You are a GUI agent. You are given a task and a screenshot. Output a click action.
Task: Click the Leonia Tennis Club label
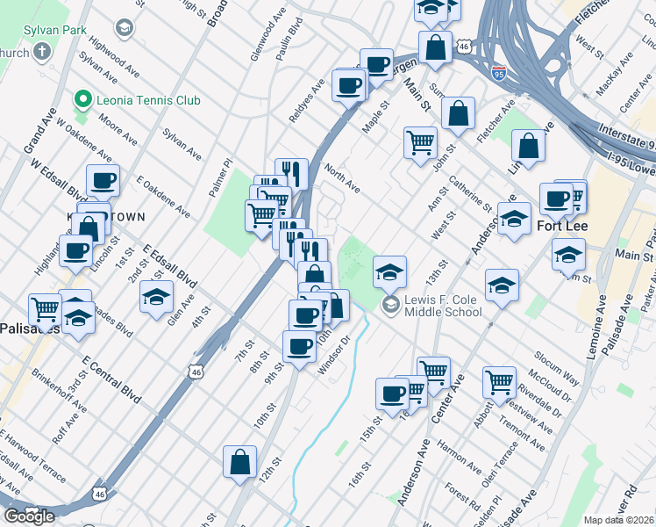coord(148,100)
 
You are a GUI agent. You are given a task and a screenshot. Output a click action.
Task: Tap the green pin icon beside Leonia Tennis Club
coord(83,99)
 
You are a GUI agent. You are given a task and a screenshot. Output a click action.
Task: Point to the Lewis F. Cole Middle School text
coord(443,305)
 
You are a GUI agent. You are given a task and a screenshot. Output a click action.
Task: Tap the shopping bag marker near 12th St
coord(239,462)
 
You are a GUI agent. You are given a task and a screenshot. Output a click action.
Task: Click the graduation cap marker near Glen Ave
coord(156,297)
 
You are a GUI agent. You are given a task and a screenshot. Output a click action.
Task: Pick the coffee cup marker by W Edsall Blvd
coord(103,181)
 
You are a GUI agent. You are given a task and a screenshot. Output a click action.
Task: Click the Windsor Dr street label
coord(334,355)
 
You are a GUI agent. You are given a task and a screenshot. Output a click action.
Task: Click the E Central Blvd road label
coord(111,379)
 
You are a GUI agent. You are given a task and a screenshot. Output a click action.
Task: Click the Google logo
coord(30,516)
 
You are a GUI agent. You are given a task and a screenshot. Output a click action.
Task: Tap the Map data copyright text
coord(618,520)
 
